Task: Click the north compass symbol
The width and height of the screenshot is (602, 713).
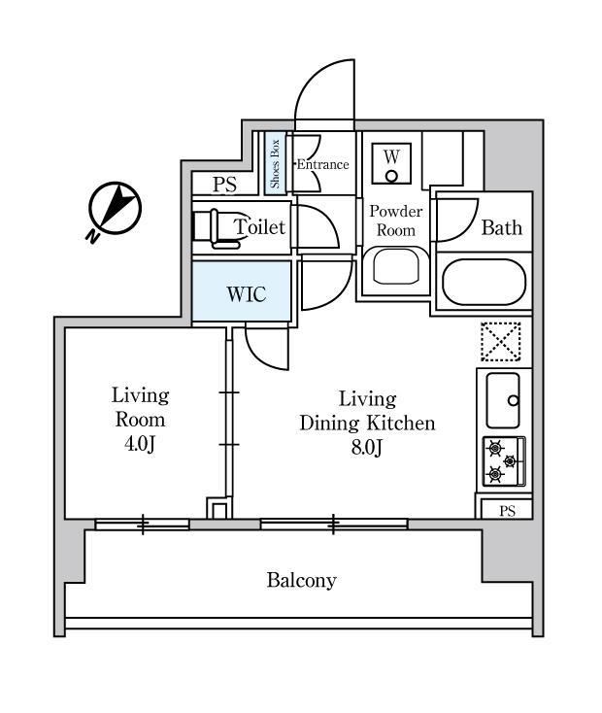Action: click(114, 208)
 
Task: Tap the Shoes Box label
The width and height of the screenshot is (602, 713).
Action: click(276, 163)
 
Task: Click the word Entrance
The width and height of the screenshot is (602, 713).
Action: click(322, 164)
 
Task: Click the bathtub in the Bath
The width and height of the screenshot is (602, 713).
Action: click(484, 282)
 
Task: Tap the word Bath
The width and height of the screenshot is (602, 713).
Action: click(502, 228)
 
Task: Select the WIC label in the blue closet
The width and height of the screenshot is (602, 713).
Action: click(246, 293)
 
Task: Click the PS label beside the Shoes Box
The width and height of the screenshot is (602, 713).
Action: click(224, 185)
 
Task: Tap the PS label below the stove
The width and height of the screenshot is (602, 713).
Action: click(507, 511)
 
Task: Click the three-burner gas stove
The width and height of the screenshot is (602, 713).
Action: click(503, 461)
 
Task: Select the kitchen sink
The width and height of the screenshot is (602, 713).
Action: click(503, 399)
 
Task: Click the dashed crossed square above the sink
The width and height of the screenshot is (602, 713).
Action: click(501, 342)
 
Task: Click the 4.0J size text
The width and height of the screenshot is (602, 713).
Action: click(140, 444)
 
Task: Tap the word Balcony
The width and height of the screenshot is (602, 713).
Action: click(301, 581)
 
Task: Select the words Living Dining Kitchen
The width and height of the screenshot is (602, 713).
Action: click(367, 411)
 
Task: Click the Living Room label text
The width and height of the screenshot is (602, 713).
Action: click(140, 408)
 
